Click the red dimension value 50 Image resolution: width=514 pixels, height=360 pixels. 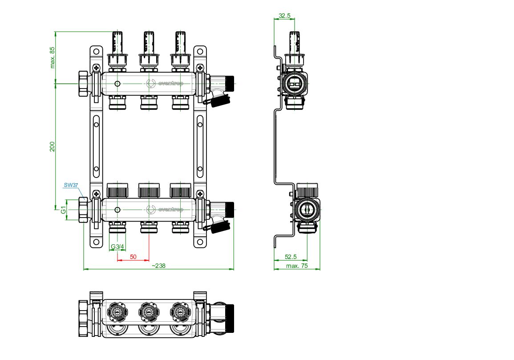(133, 257)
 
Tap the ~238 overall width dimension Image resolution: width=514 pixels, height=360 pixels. (158, 266)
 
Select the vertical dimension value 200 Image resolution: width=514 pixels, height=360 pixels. (52, 146)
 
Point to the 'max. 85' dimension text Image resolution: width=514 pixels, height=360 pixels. (52, 57)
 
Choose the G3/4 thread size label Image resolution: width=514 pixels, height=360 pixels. (118, 247)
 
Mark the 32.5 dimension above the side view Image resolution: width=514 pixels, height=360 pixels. (284, 16)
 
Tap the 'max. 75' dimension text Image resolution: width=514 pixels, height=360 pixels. (297, 266)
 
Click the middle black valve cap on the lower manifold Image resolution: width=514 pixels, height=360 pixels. (149, 190)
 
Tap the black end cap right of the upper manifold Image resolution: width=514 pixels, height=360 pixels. (230, 83)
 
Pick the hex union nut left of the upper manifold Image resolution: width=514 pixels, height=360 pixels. (83, 83)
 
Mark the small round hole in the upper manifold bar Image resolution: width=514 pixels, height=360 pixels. (117, 84)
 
